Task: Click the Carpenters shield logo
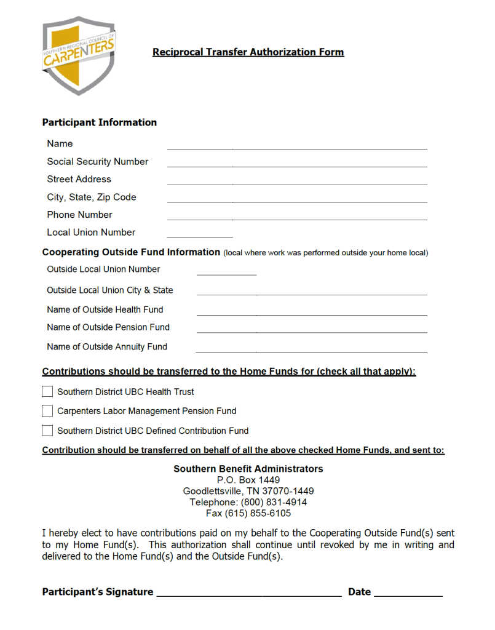click(x=78, y=55)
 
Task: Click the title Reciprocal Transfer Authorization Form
click(x=248, y=52)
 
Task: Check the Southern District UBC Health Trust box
click(x=47, y=391)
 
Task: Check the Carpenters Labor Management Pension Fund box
click(x=47, y=410)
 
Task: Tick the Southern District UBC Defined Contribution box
click(x=47, y=430)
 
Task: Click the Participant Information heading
click(x=100, y=122)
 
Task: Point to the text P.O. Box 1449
click(x=248, y=480)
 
